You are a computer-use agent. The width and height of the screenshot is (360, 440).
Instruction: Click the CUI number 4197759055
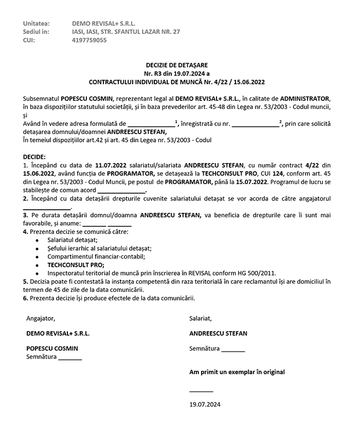click(89, 40)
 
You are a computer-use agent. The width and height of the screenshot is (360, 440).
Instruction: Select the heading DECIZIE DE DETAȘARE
click(176, 65)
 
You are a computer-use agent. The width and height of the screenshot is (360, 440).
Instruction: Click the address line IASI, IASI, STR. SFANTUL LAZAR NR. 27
click(126, 32)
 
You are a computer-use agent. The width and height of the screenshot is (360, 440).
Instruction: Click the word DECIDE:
click(34, 156)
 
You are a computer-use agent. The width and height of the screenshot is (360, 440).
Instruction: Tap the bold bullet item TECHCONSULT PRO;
click(76, 265)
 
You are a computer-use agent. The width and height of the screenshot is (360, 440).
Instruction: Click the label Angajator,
click(41, 318)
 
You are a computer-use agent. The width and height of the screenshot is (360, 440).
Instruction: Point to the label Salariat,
click(201, 318)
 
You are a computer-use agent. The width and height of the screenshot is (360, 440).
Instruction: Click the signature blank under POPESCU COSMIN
click(70, 358)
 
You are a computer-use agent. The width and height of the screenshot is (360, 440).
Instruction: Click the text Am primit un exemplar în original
click(237, 372)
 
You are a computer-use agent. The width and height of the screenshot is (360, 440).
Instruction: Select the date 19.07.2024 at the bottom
click(205, 405)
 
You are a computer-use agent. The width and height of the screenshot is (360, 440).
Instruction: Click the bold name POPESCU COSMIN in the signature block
click(52, 348)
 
